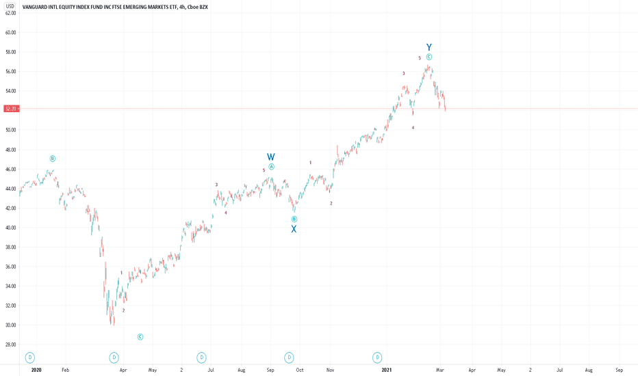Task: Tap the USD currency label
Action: click(x=10, y=6)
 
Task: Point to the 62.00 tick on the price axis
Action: click(x=10, y=13)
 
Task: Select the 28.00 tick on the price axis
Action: click(x=10, y=345)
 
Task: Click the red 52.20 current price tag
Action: click(x=10, y=109)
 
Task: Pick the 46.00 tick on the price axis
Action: click(x=10, y=170)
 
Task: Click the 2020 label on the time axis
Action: click(x=36, y=370)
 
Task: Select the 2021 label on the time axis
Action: click(x=387, y=370)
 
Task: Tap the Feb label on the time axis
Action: click(x=66, y=370)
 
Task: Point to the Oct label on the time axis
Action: click(x=300, y=370)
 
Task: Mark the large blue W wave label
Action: click(x=271, y=157)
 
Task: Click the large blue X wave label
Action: click(x=294, y=230)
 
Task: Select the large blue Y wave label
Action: click(x=429, y=47)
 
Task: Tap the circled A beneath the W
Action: click(x=271, y=167)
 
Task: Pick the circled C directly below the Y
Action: click(x=429, y=57)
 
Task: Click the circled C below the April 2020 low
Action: click(x=140, y=336)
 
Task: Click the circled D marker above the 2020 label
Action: click(x=29, y=358)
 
